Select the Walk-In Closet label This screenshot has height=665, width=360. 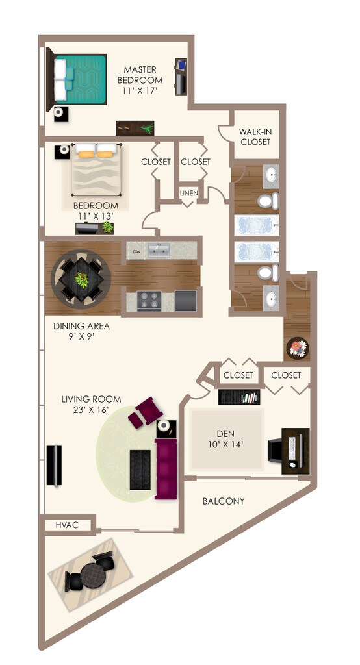(x=255, y=136)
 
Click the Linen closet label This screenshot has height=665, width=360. (x=189, y=193)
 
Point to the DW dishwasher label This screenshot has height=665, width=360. (x=136, y=251)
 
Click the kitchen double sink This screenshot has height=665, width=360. (x=159, y=250)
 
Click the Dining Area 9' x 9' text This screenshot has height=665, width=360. (x=81, y=331)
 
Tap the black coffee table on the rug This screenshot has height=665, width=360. (x=140, y=469)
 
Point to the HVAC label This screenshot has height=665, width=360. (x=67, y=525)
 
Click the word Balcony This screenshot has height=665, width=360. (x=223, y=501)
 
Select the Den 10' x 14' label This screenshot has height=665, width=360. (x=225, y=440)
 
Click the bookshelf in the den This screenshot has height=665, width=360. (x=238, y=397)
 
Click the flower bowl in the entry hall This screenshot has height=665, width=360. (x=296, y=347)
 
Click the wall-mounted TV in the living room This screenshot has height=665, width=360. (x=54, y=465)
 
